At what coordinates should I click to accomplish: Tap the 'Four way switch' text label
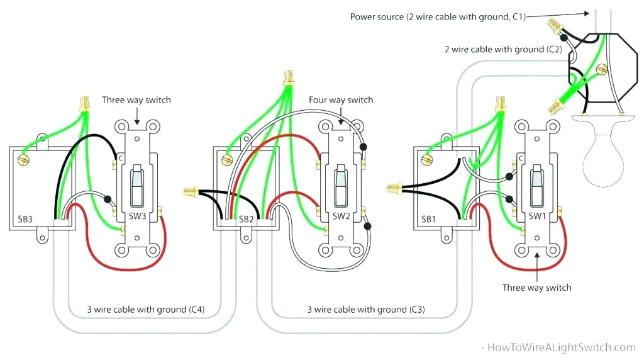[340, 100]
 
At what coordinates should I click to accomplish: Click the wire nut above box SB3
[82, 104]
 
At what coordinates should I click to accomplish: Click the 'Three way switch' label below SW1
[536, 288]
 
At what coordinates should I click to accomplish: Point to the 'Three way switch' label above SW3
[136, 100]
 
